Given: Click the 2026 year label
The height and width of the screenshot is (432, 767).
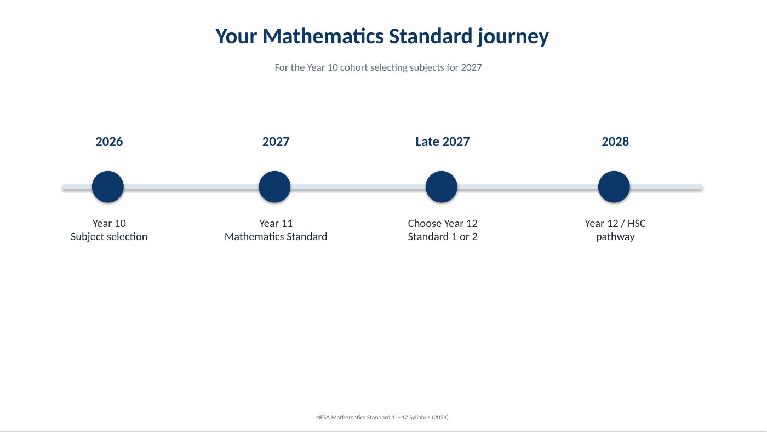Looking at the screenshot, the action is point(109,141).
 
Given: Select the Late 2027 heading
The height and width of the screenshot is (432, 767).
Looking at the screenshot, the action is point(443,141).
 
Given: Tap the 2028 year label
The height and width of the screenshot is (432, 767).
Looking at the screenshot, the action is point(615,141).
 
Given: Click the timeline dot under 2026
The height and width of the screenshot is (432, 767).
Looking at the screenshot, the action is point(108,187).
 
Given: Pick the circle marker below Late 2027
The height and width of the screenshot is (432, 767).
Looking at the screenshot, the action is point(442,187).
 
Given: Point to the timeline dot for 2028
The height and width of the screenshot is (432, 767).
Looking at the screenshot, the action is point(614,187).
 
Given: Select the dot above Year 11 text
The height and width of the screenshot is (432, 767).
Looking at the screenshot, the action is point(274,187).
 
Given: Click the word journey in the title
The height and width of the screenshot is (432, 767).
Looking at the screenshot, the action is point(513,37).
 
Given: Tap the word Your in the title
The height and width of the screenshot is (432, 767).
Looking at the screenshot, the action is point(236,36).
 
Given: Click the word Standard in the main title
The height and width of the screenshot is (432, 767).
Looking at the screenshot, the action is point(431,36).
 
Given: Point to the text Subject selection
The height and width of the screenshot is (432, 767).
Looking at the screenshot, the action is point(109,237).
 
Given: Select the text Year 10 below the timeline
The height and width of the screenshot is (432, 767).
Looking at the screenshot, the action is point(109,223).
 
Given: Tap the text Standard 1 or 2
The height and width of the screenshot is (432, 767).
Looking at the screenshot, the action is point(443,236).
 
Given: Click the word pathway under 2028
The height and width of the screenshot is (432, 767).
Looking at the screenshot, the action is point(615,237).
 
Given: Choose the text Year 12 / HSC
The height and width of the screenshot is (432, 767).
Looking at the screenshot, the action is point(615,223).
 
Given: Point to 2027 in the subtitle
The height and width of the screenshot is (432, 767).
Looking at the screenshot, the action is point(471,67).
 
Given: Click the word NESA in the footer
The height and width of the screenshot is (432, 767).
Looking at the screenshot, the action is point(323,417).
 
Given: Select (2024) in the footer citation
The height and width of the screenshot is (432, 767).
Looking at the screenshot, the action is point(440,417).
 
